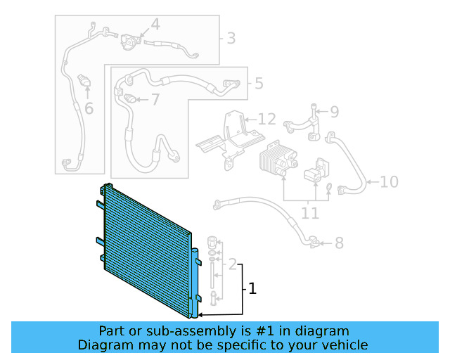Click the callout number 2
233,265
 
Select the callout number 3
231,38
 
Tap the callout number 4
155,25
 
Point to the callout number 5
259,84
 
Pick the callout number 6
89,108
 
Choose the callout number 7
155,99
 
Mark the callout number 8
339,243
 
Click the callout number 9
334,111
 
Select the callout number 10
390,183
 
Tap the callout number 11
309,212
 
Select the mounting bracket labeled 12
229,137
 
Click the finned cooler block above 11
275,161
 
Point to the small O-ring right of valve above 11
328,187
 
